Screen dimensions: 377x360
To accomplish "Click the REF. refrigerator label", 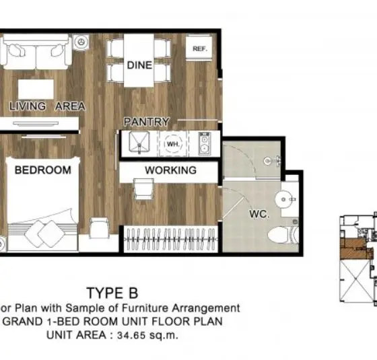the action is (x=200, y=48).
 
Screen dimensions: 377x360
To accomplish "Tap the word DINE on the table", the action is (x=139, y=65).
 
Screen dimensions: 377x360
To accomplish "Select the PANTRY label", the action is (x=147, y=122).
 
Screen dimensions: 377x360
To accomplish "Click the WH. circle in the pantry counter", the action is (x=173, y=144).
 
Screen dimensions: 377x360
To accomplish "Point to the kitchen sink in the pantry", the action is (x=139, y=143).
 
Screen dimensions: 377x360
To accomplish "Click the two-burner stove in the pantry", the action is (x=205, y=143).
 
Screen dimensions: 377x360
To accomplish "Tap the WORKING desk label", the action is (x=171, y=170).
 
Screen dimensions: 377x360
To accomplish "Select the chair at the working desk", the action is (x=144, y=188).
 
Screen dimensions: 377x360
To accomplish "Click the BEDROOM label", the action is (x=43, y=170).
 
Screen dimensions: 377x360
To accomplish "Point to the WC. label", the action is (x=259, y=214).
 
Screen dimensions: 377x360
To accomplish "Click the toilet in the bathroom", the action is (x=283, y=235).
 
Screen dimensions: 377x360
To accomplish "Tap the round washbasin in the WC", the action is (x=284, y=199).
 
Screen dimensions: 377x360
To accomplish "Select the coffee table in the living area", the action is (x=36, y=89).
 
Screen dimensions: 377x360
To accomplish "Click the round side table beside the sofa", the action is (x=81, y=42).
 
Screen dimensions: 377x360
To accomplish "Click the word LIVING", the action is (x=28, y=106).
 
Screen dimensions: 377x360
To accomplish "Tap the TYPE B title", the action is (x=112, y=293).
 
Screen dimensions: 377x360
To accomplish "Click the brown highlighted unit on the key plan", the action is (x=355, y=249).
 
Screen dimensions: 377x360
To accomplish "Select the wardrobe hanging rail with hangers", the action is (x=170, y=239).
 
